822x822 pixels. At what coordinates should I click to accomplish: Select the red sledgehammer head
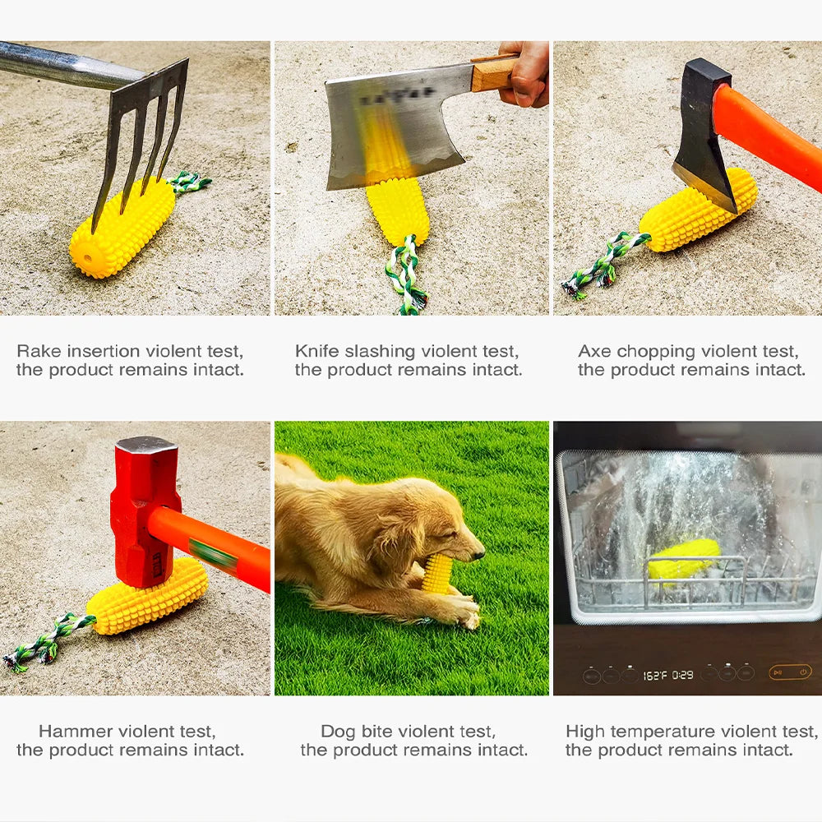(x=145, y=510)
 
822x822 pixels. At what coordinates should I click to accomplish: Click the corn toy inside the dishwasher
(x=683, y=558)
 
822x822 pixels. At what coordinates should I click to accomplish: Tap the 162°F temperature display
(x=654, y=675)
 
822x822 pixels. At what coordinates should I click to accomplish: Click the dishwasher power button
(x=802, y=672)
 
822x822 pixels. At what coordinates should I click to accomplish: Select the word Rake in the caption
(x=38, y=352)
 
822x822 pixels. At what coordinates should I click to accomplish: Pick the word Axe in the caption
(x=594, y=352)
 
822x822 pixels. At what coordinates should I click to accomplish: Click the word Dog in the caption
(x=338, y=731)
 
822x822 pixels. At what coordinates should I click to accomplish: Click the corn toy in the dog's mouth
(x=437, y=573)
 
